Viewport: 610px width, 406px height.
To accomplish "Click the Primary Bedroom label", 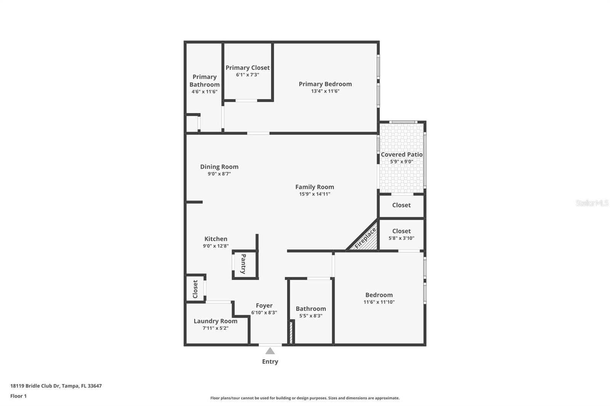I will [325, 84].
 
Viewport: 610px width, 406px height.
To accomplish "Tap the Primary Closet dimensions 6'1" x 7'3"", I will [247, 75].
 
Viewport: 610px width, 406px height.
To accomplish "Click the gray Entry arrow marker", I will [270, 351].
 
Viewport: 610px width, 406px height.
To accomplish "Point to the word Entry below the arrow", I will [270, 362].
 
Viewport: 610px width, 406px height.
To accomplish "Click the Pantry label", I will [244, 264].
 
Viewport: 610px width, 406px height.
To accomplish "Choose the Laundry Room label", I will [215, 321].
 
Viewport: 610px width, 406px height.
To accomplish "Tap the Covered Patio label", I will [401, 155].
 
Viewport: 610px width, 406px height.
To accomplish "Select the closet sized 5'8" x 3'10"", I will [401, 234].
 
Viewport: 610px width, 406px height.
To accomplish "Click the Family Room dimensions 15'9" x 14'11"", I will [315, 194].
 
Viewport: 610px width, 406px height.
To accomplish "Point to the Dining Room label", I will [219, 167].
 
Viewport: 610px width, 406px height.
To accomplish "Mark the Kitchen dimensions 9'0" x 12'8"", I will [216, 246].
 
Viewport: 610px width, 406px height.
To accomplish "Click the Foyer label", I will [264, 305].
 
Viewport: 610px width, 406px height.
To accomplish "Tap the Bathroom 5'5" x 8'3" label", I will [311, 309].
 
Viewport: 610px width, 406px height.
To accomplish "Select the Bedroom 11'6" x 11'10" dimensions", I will [379, 302].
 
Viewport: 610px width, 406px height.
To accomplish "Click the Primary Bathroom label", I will [204, 81].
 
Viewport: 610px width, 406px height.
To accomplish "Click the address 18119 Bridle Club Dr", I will [56, 386].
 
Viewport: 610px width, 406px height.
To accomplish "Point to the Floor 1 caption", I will [18, 396].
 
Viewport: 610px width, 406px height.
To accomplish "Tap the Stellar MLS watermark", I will [592, 203].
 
